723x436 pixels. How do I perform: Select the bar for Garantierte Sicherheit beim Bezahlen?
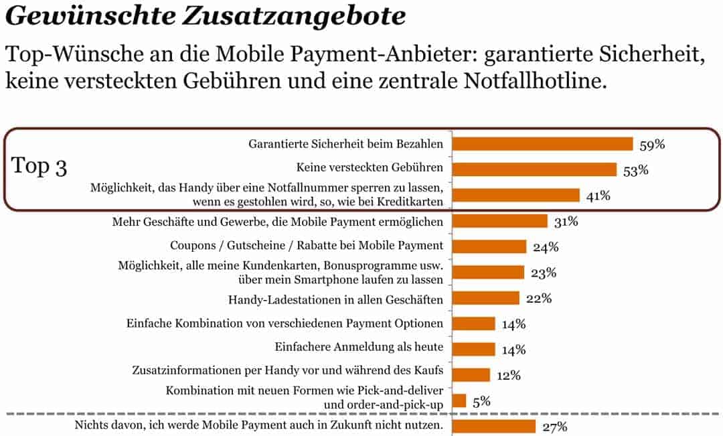pyautogui.click(x=542, y=144)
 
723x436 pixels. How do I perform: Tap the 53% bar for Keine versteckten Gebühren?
pyautogui.click(x=534, y=169)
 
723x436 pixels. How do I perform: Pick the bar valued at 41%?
pyautogui.click(x=515, y=195)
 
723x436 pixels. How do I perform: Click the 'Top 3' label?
pyautogui.click(x=40, y=167)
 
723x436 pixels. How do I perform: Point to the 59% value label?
pyautogui.click(x=652, y=145)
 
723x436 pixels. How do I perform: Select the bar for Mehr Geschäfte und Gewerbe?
pyautogui.click(x=500, y=221)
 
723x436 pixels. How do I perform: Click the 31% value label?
pyautogui.click(x=566, y=222)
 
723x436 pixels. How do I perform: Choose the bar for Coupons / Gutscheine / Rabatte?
pyautogui.click(x=489, y=246)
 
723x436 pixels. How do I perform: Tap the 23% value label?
pyautogui.click(x=544, y=273)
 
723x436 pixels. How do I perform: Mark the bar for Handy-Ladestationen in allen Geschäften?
pyautogui.click(x=486, y=298)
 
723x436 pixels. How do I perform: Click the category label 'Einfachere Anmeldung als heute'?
pyautogui.click(x=359, y=348)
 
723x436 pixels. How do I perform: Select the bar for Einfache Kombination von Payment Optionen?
pyautogui.click(x=474, y=323)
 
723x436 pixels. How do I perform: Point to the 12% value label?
pyautogui.click(x=508, y=375)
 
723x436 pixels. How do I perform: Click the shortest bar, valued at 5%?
pyautogui.click(x=459, y=401)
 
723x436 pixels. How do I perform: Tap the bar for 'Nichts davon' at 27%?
pyautogui.click(x=494, y=426)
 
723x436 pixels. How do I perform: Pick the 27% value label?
pyautogui.click(x=555, y=427)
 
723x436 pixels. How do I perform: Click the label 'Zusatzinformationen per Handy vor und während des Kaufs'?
pyautogui.click(x=289, y=370)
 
